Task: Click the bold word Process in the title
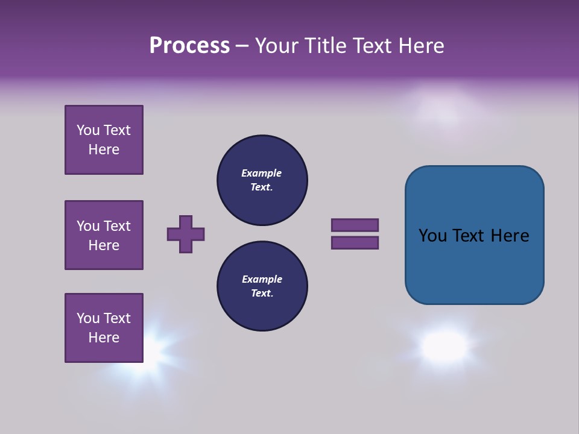(189, 46)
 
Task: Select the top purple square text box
(104, 140)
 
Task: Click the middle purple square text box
(104, 235)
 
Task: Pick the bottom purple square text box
(104, 328)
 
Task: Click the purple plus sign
(186, 234)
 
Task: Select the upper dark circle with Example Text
(262, 180)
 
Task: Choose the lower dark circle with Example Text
(262, 286)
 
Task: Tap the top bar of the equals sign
(355, 225)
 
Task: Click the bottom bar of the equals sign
(355, 243)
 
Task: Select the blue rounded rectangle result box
(474, 235)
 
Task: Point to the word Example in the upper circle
(261, 173)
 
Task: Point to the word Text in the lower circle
(262, 294)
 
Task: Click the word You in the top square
(87, 130)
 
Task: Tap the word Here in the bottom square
(104, 338)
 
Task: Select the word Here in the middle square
(104, 245)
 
